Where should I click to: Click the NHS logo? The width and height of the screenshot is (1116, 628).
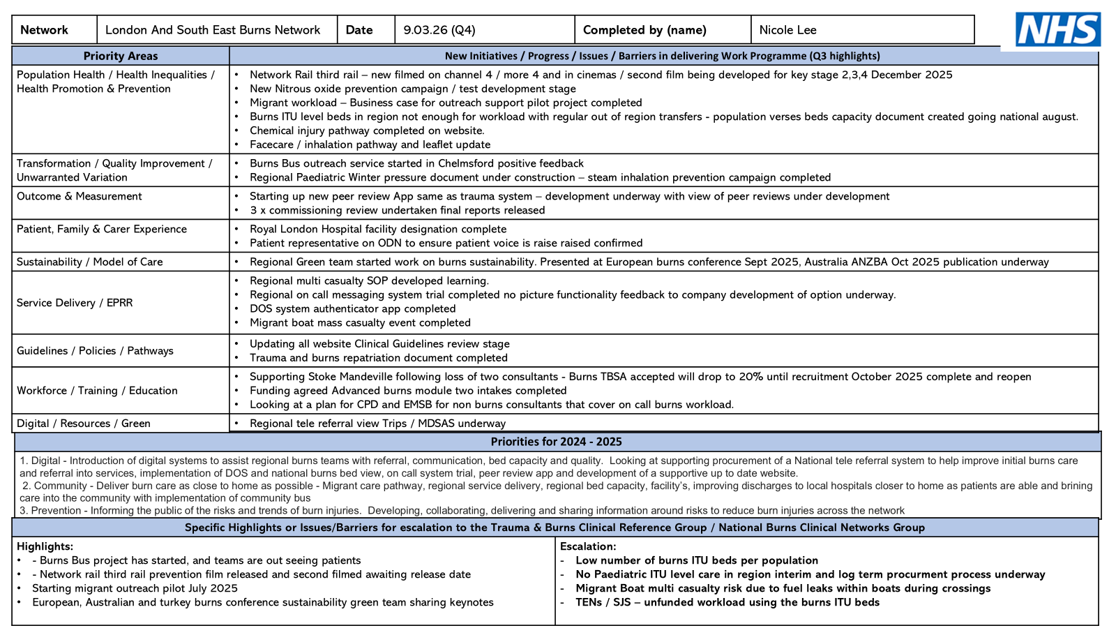(1057, 30)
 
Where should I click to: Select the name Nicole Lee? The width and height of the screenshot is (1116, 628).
(787, 30)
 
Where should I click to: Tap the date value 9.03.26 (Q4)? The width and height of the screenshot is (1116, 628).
(439, 30)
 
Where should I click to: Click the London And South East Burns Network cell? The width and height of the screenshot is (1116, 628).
(213, 30)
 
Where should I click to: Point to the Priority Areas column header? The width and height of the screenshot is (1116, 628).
(121, 56)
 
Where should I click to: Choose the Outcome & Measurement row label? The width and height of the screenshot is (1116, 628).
(80, 196)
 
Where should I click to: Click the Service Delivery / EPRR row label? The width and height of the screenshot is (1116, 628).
(75, 303)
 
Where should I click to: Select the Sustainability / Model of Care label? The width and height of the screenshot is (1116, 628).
(90, 262)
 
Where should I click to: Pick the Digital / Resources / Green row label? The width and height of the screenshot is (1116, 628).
(84, 424)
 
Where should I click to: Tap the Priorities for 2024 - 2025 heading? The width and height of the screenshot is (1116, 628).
(556, 442)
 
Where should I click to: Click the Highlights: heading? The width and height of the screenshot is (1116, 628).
(45, 546)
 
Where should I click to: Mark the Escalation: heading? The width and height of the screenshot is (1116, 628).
(588, 546)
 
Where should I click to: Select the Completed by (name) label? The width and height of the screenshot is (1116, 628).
(644, 30)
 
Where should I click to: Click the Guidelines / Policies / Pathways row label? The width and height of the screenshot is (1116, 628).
(95, 351)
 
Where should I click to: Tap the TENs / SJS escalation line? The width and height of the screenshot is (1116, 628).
(727, 602)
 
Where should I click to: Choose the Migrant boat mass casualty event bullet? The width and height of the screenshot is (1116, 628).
(360, 322)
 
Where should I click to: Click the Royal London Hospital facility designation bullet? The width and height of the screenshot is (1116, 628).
(378, 229)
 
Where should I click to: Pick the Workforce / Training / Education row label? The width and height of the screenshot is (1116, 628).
(97, 391)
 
